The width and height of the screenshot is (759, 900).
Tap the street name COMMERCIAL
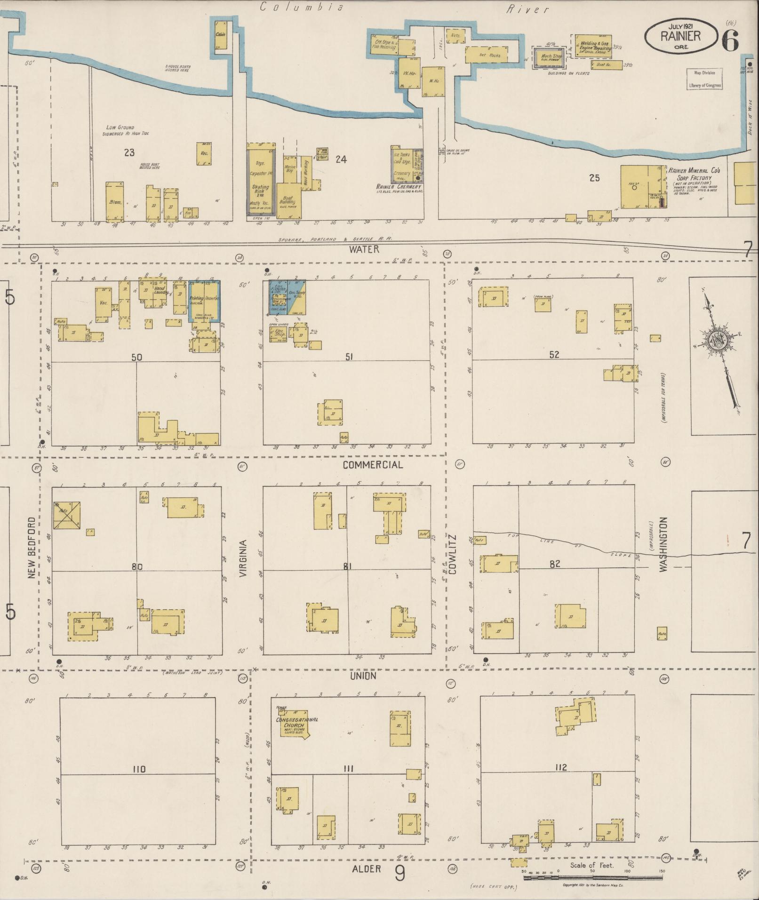pyautogui.click(x=372, y=465)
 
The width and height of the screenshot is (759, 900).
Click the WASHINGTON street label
pyautogui.click(x=663, y=544)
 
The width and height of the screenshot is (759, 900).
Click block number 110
pyautogui.click(x=139, y=769)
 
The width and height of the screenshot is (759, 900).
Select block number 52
pyautogui.click(x=554, y=354)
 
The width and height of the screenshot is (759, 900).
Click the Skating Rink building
pyautogui.click(x=259, y=190)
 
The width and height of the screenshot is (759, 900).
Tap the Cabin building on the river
pyautogui.click(x=220, y=34)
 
